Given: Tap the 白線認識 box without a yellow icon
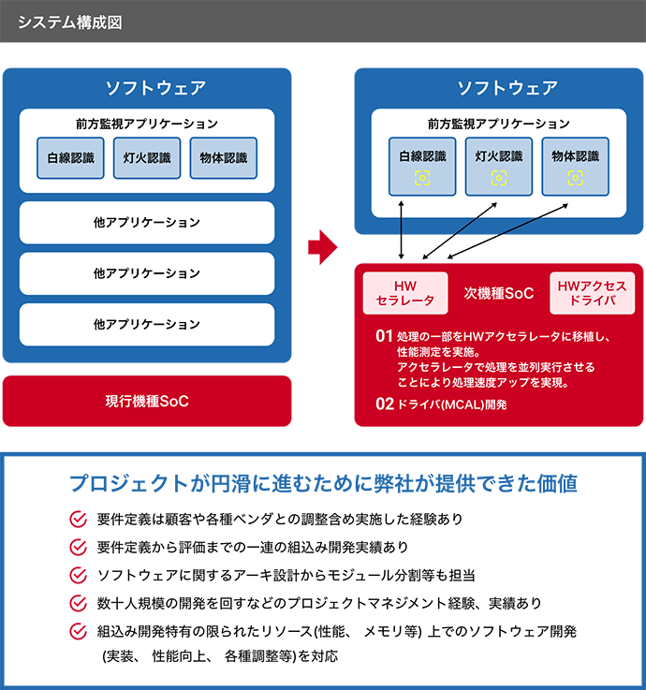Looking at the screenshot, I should pos(71,158).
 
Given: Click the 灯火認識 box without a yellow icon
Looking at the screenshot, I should pos(147,158).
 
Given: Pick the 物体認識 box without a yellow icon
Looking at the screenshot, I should pos(223,158).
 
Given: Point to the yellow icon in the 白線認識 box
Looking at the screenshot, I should pos(423,177).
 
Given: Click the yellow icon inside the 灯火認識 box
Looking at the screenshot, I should pos(499,177).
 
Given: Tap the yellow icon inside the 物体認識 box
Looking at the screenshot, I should pos(575,177).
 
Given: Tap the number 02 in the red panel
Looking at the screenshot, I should pos(383,405).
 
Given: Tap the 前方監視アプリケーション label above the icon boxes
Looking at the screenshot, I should pos(498,124).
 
